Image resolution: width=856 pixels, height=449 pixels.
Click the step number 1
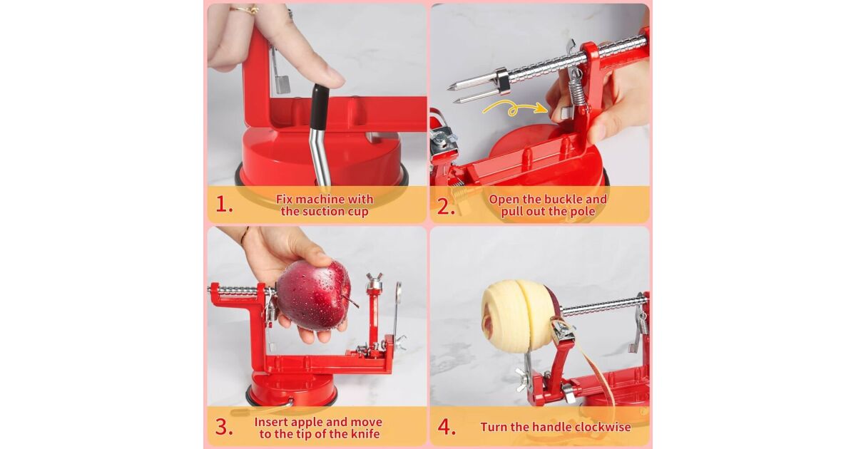[224, 205]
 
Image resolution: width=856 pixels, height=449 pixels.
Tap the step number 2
[446, 207]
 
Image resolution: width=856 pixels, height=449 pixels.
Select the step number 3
[224, 427]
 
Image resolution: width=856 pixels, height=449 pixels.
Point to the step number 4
[447, 427]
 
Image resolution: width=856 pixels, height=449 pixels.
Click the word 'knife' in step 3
[365, 434]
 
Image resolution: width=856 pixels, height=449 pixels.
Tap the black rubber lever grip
[318, 108]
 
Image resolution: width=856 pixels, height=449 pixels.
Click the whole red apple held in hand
[313, 295]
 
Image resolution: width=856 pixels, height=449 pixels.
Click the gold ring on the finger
[245, 9]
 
